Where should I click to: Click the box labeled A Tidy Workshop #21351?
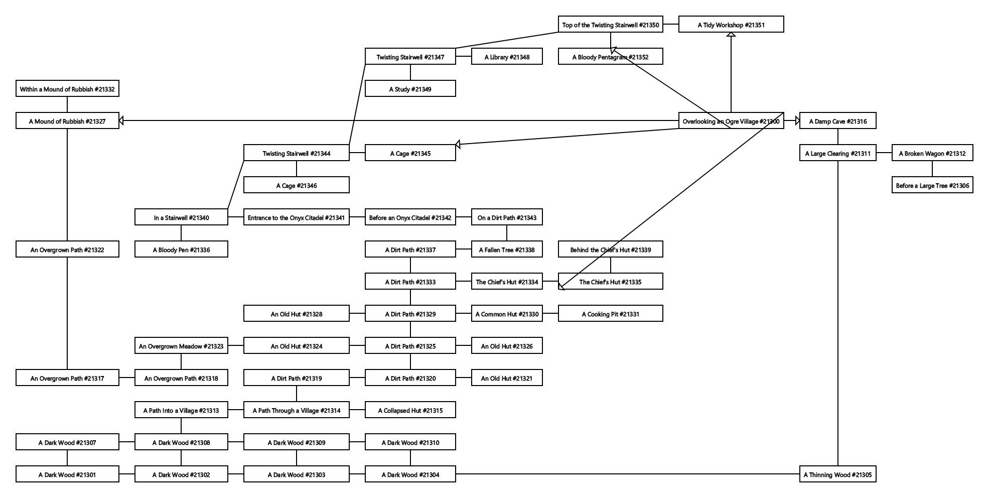(x=731, y=25)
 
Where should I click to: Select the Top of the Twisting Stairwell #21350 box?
(x=610, y=25)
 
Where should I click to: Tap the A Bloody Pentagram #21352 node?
(x=610, y=57)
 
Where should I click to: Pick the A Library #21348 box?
(x=506, y=57)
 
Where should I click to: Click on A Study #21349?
(x=410, y=89)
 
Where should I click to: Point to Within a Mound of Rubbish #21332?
(x=67, y=89)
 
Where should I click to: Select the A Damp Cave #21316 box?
(x=837, y=121)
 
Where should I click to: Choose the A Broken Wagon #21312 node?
(x=932, y=153)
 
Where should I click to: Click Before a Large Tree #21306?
(x=932, y=185)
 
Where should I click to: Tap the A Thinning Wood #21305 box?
(x=837, y=474)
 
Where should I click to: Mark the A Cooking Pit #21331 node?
(x=610, y=314)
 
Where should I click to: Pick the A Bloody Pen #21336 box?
(x=181, y=250)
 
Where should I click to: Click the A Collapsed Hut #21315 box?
(x=410, y=410)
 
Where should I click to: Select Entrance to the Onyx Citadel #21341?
(x=296, y=217)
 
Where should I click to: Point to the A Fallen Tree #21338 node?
(x=506, y=250)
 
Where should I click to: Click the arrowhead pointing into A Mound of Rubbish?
(x=122, y=120)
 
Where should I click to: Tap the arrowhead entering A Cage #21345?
(x=458, y=145)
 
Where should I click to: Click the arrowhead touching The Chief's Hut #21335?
(x=561, y=286)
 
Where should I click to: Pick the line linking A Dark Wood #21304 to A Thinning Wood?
(x=627, y=474)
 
